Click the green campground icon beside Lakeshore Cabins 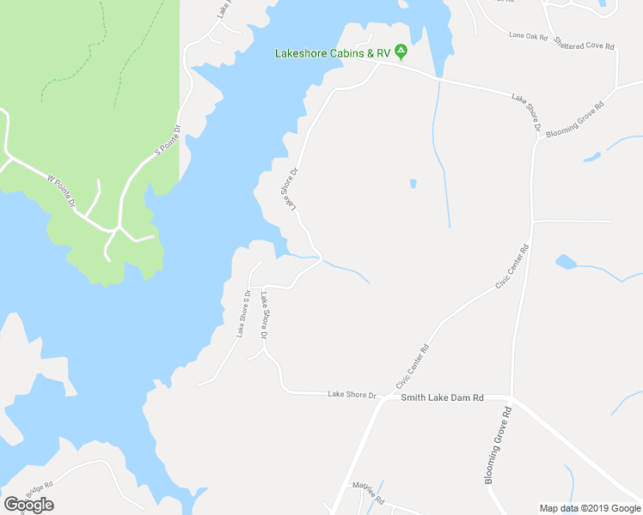[401, 52]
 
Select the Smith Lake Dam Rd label [443, 397]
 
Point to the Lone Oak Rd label [528, 36]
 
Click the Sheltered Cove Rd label [585, 43]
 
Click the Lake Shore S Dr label [243, 313]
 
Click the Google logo [28, 505]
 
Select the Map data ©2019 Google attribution [590, 508]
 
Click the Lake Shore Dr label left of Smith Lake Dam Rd [352, 395]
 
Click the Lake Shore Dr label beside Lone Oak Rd [526, 112]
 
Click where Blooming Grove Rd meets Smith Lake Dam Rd [512, 398]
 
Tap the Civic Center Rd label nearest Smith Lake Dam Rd [412, 366]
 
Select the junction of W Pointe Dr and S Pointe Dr [116, 229]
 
